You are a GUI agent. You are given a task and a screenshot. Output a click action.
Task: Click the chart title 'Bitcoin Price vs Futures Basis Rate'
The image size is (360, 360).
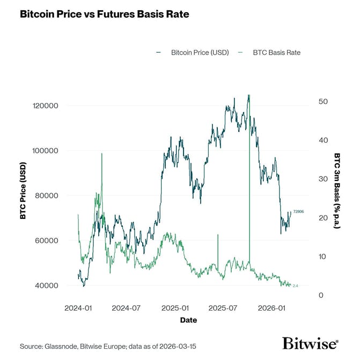tap(104, 14)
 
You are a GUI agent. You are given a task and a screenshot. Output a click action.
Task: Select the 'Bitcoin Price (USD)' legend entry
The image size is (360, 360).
tap(200, 53)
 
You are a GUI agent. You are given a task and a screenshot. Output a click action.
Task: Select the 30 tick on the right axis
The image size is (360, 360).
tap(324, 179)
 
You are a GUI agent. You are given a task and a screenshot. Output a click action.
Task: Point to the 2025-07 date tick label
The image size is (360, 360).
tap(223, 308)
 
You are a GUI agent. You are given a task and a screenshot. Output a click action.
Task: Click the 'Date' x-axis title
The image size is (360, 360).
tap(188, 320)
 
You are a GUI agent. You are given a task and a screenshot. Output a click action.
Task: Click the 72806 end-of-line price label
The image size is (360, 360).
tap(298, 212)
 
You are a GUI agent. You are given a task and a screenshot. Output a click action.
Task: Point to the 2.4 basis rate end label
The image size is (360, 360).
tap(296, 286)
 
